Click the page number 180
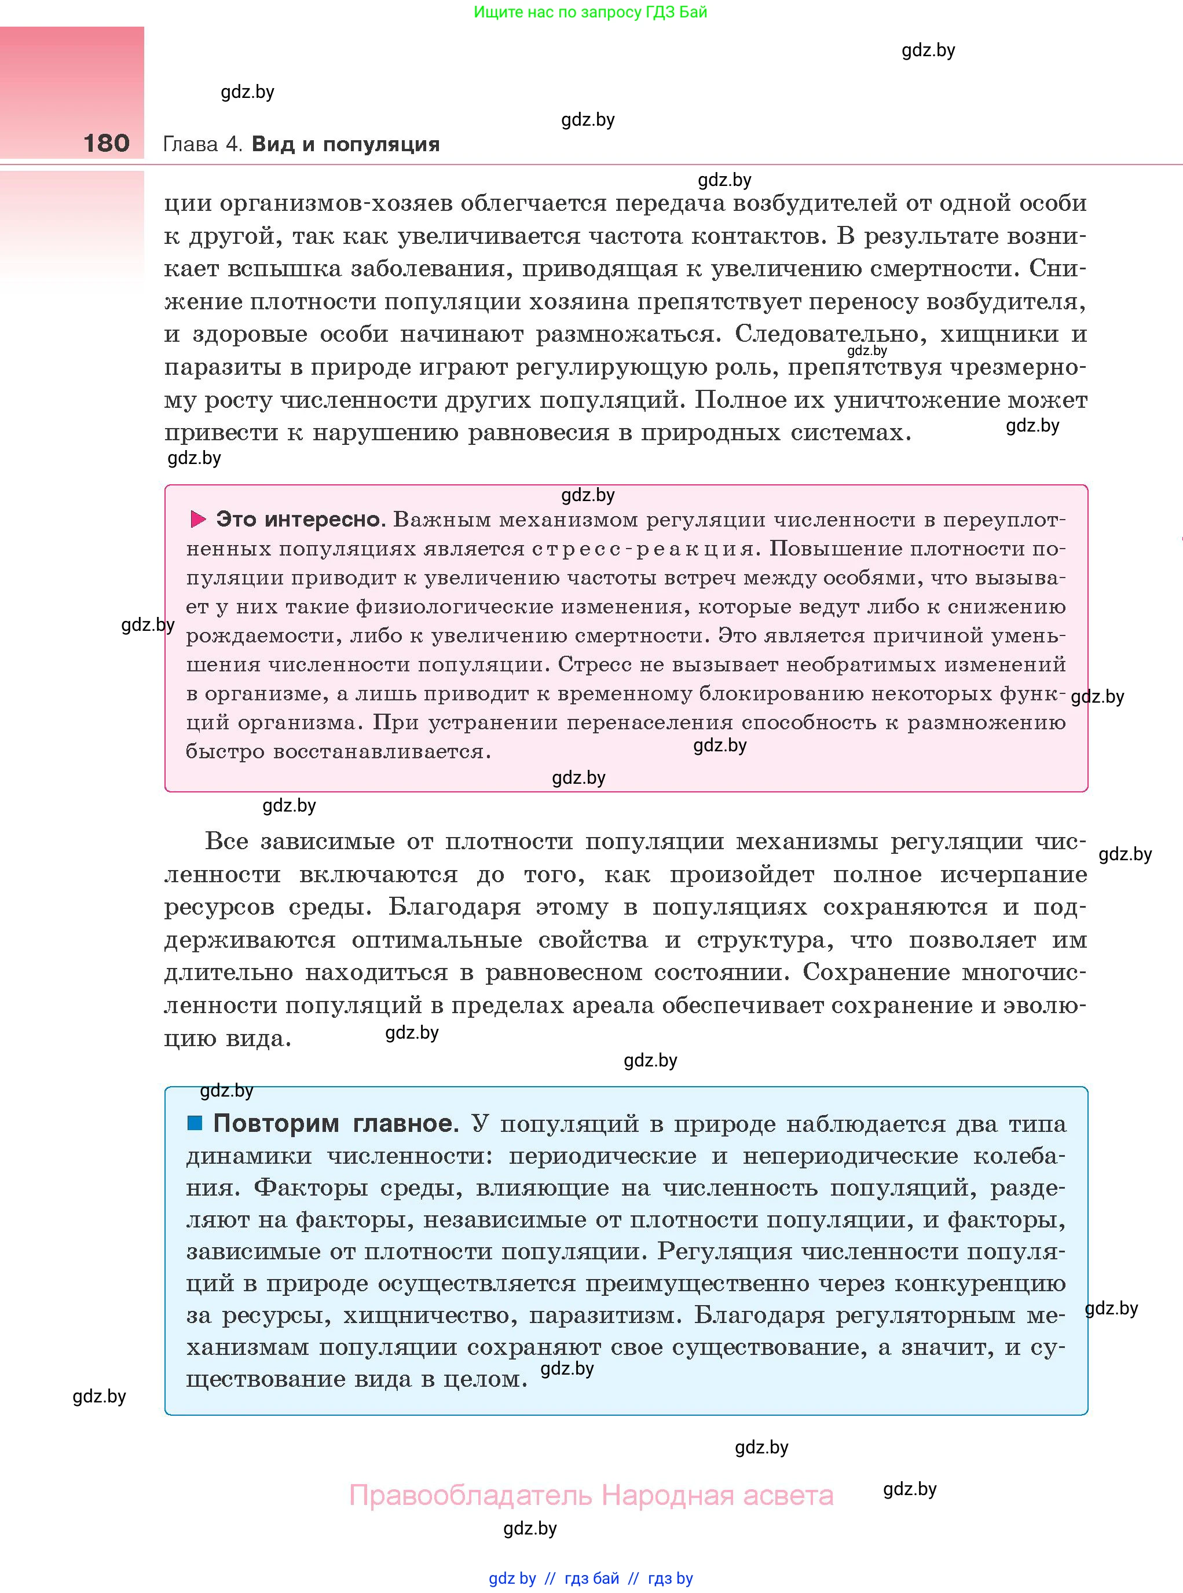point(106,143)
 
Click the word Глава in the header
point(190,145)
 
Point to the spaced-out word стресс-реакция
point(644,549)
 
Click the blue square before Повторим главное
point(195,1123)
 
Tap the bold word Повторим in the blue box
point(276,1123)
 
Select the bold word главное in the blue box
point(406,1123)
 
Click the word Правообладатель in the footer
point(471,1496)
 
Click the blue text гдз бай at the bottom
point(592,1579)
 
